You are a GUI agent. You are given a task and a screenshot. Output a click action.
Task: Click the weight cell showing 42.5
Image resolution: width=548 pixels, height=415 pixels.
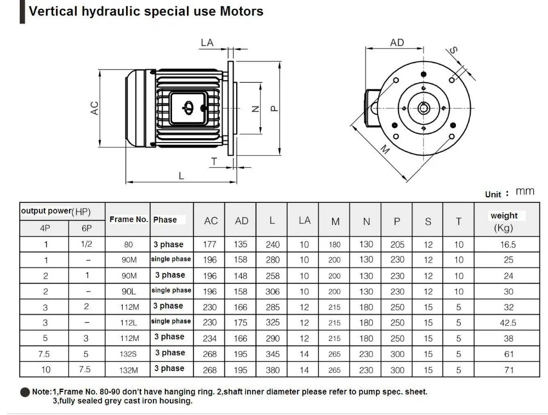click(508, 323)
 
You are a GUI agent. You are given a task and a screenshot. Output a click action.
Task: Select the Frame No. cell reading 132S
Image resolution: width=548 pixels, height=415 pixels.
click(129, 355)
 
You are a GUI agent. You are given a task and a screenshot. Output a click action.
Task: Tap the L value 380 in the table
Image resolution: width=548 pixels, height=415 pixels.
click(272, 370)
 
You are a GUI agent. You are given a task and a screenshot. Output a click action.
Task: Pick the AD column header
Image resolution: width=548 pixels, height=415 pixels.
click(242, 221)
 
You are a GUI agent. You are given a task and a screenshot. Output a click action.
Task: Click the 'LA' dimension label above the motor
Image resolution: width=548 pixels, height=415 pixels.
click(207, 43)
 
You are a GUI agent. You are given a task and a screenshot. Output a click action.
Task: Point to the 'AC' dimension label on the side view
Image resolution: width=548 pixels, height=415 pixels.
click(94, 108)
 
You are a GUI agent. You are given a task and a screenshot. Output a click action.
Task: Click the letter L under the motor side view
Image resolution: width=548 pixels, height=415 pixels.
click(181, 175)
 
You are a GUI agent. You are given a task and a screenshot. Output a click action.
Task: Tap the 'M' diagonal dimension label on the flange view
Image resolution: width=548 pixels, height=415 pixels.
click(385, 148)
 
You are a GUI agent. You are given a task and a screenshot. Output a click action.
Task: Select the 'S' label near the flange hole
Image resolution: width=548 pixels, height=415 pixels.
click(453, 50)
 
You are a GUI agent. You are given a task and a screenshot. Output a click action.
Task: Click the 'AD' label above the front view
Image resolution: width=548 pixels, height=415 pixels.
click(397, 43)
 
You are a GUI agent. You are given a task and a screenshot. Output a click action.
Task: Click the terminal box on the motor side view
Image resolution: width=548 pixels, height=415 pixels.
click(188, 107)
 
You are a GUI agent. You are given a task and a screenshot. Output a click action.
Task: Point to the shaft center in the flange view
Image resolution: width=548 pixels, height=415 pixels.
click(424, 107)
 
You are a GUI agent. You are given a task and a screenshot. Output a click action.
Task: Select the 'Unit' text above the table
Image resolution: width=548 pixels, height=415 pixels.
click(493, 194)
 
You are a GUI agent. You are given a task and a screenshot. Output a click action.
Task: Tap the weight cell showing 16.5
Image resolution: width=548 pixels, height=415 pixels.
click(508, 245)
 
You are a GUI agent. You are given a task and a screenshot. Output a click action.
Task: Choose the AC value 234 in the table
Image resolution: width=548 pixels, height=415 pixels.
click(210, 339)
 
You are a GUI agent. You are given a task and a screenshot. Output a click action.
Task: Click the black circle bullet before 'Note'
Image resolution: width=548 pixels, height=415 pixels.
click(25, 393)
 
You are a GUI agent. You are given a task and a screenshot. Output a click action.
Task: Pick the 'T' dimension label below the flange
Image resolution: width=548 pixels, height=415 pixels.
click(214, 161)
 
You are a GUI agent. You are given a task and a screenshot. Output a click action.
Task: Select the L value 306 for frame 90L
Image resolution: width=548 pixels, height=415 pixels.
click(272, 292)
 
